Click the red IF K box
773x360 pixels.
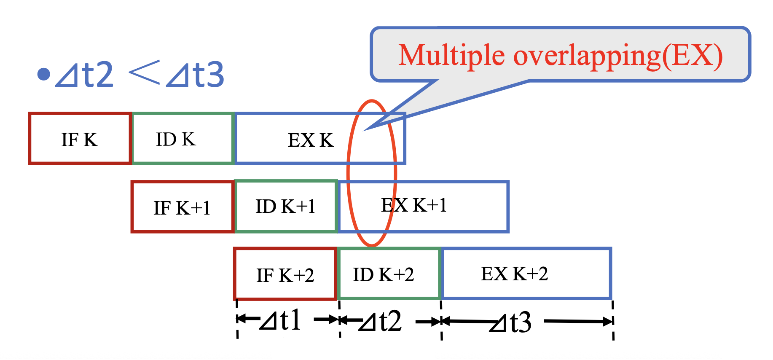80,139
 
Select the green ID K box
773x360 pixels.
183,139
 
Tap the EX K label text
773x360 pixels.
311,140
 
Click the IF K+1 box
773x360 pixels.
182,207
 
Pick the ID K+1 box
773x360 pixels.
286,207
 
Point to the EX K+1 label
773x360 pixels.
413,206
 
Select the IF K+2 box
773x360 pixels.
285,274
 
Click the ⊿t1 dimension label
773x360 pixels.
281,321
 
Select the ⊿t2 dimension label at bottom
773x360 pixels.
381,322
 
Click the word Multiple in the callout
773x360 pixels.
451,56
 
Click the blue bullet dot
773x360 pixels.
43,74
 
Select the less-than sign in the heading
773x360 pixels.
144,73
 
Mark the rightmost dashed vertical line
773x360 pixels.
613,320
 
